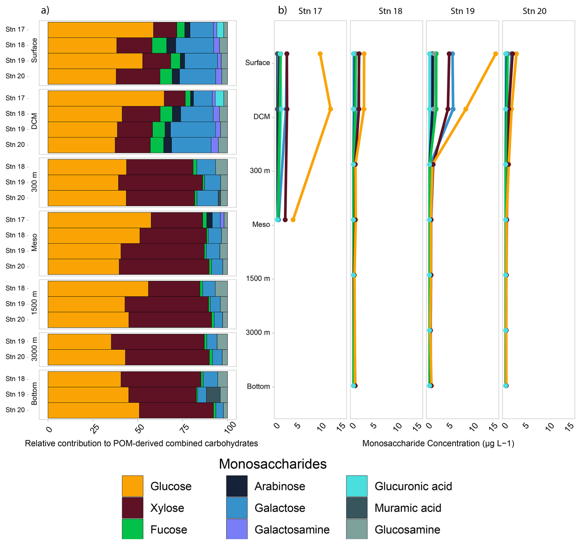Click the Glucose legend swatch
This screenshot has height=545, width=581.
pos(132,486)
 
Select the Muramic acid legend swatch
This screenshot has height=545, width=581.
pos(357,508)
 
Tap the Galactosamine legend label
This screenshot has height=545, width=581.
pos(292,529)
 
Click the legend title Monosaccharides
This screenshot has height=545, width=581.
pos(272,464)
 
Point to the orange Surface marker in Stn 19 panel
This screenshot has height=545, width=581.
pos(495,54)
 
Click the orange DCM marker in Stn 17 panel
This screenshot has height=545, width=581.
pos(330,109)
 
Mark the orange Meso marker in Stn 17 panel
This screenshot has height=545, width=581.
pos(293,220)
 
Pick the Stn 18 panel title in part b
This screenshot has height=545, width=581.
pos(390,11)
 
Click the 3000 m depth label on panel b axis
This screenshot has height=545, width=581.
pos(258,332)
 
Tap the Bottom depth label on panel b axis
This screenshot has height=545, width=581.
pos(258,386)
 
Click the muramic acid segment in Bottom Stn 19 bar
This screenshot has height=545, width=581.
pos(213,395)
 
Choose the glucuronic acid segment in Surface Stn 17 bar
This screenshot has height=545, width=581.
pos(220,30)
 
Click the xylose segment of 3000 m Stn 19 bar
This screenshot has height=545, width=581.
pos(158,342)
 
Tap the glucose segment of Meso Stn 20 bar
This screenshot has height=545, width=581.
pos(83,267)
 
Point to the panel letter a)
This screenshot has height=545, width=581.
pos(45,10)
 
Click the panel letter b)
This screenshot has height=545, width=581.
pos(282,10)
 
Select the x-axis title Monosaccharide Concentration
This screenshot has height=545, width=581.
pos(438,443)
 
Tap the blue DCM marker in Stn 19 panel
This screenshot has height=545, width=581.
pos(453,109)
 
